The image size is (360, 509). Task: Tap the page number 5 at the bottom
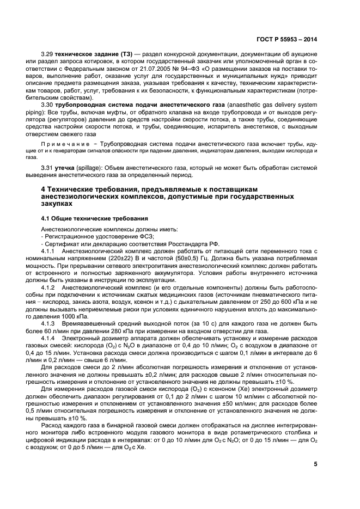click(315, 464)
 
